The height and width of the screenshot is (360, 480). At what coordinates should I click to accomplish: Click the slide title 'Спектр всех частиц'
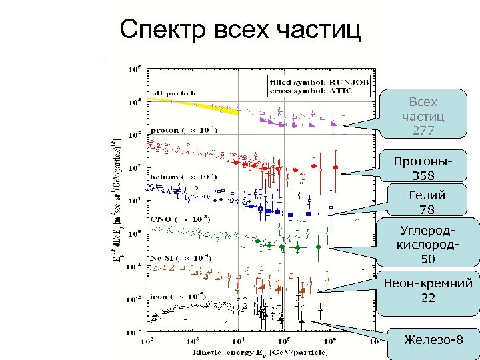pos(239,29)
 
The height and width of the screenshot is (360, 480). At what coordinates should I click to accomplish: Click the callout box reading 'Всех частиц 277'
pos(423,115)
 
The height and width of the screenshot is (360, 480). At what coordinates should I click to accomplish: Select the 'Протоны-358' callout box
pos(423,169)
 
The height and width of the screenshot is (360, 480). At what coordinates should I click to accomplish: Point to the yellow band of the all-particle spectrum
pos(200,105)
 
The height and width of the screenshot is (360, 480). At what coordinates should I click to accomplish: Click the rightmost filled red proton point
pos(335,165)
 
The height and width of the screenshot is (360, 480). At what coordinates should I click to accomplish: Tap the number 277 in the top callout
pos(423,130)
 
